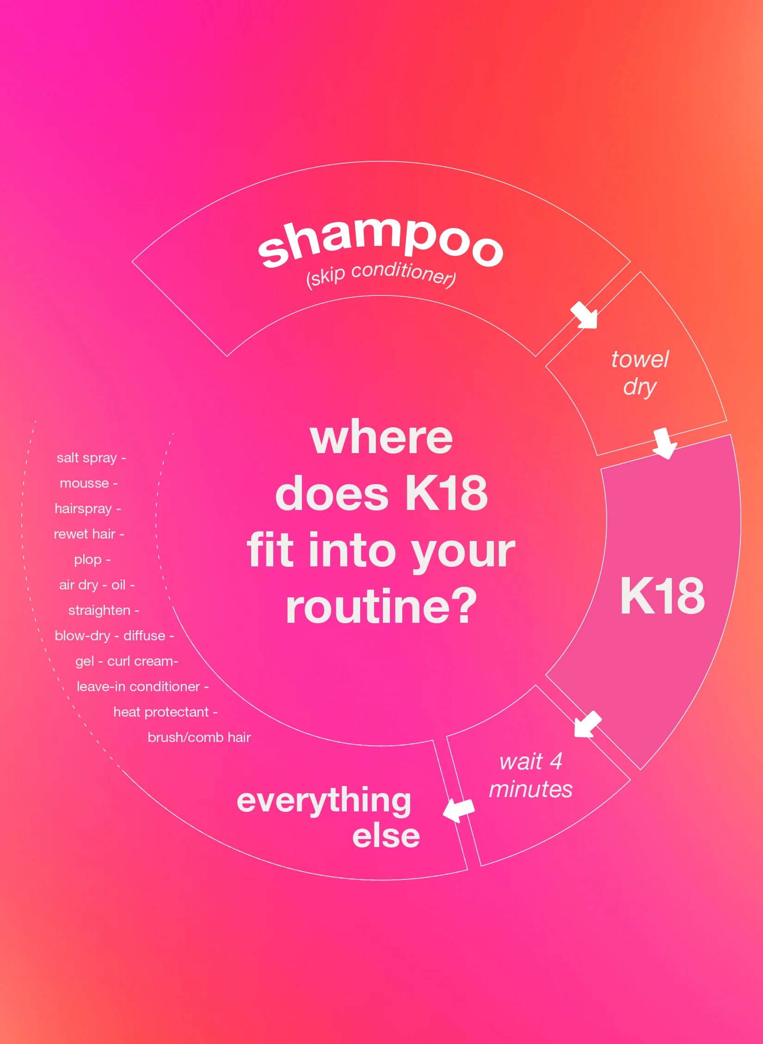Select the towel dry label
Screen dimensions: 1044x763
[x=640, y=373]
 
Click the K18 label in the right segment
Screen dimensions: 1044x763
[x=662, y=596]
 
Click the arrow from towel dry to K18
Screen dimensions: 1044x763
[x=665, y=443]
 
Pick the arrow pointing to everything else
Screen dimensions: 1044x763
[x=458, y=810]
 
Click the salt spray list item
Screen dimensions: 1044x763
[x=87, y=458]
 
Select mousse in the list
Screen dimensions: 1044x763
[x=85, y=483]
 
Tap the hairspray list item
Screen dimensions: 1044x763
[x=83, y=509]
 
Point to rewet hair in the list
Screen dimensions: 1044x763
[x=85, y=534]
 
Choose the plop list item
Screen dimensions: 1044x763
[x=88, y=559]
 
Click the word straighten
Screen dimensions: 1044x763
[x=99, y=610]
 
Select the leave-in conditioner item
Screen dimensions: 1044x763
[x=138, y=687]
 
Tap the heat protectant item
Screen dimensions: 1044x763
[x=161, y=712]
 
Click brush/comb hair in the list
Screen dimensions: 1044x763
[x=199, y=737]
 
